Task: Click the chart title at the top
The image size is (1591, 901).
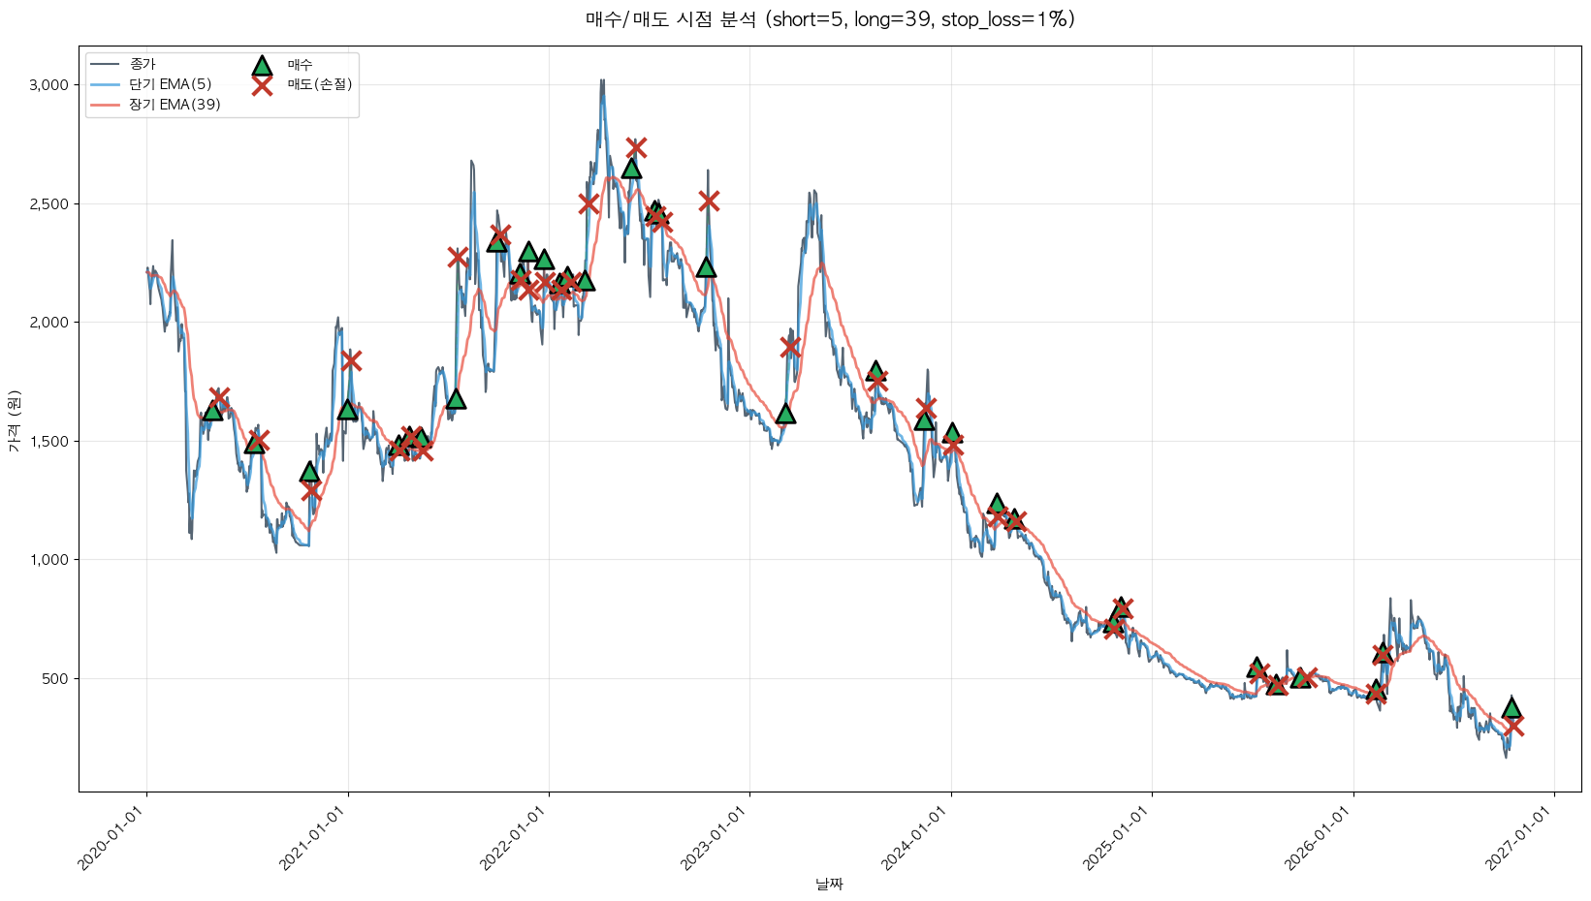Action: pos(830,19)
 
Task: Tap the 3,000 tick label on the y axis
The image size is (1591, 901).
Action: pos(49,85)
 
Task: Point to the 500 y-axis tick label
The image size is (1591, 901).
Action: pos(55,679)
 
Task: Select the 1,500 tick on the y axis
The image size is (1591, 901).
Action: pos(49,442)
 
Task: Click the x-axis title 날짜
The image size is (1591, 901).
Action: pos(829,885)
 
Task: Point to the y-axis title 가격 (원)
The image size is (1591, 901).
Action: pos(15,421)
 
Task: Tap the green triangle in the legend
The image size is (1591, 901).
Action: pos(262,65)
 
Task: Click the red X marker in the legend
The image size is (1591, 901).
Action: pos(262,85)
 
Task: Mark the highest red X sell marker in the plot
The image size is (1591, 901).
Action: pos(636,147)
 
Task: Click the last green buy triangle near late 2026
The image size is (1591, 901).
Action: pos(1511,707)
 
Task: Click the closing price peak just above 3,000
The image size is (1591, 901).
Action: pos(602,80)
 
